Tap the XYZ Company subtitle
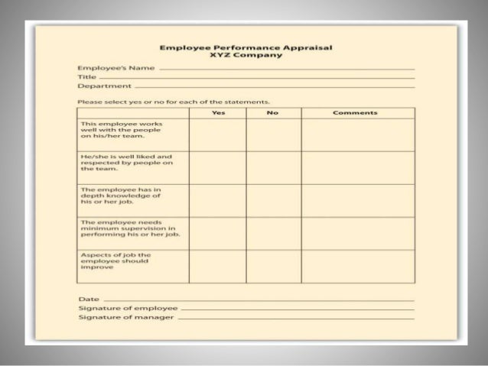[x=246, y=57]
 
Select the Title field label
[x=86, y=78]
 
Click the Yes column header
[x=218, y=113]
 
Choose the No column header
[x=273, y=113]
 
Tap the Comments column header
[x=355, y=113]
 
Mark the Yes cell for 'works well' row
[x=218, y=135]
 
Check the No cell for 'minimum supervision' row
[x=273, y=233]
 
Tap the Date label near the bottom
[x=87, y=299]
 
